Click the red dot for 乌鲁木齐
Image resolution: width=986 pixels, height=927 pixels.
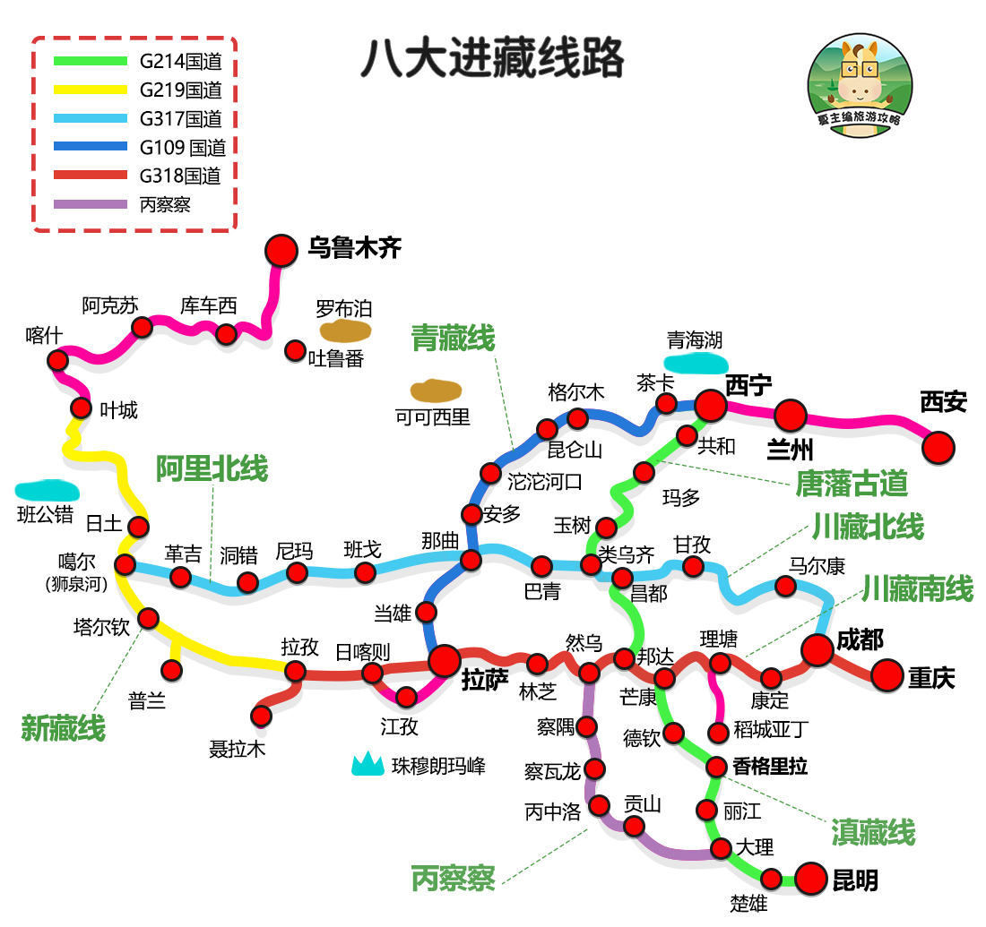[281, 251]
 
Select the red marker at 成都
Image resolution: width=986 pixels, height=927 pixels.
[817, 650]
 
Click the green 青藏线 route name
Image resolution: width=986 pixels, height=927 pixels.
[453, 339]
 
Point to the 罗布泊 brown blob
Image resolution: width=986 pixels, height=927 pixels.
[346, 331]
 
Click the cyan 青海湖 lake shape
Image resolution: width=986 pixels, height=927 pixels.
[695, 363]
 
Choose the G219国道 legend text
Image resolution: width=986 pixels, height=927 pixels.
[180, 90]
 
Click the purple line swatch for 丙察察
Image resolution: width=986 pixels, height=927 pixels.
[91, 204]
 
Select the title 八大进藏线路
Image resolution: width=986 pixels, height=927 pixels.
[492, 60]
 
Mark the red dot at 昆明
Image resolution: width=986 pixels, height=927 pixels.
[811, 879]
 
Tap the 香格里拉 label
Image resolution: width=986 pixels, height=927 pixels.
[770, 767]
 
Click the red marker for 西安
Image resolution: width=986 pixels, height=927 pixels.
[938, 447]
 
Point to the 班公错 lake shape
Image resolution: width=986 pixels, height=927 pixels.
[47, 490]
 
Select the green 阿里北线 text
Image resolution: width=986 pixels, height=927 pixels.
[212, 468]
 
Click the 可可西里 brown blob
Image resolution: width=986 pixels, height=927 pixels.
[436, 391]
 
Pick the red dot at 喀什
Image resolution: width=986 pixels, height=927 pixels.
[58, 360]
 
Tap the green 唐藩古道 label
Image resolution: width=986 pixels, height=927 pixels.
[852, 484]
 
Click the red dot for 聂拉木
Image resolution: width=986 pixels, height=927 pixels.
[261, 716]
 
